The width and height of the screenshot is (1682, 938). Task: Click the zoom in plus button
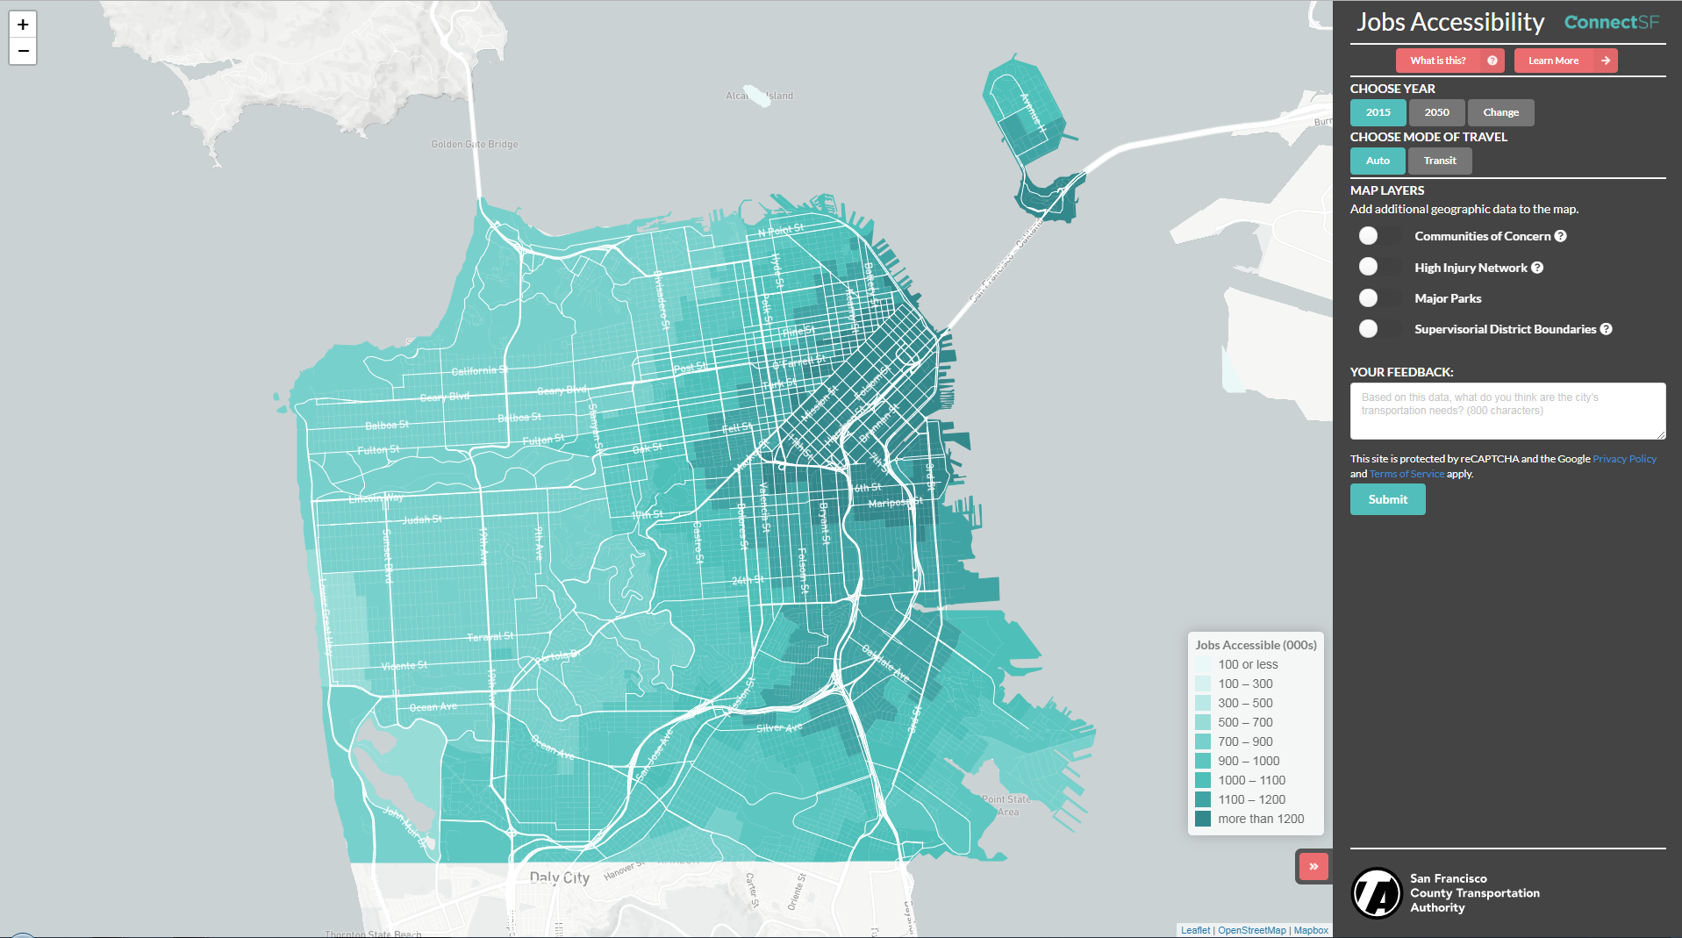click(23, 25)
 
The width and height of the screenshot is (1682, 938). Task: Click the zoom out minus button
click(23, 51)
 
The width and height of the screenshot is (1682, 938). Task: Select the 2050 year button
click(1436, 112)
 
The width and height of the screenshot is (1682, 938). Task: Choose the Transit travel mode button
click(1439, 161)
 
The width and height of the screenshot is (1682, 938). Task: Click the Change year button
click(1500, 112)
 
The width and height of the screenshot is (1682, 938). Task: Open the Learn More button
click(1564, 61)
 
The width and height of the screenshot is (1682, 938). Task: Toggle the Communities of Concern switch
click(1378, 236)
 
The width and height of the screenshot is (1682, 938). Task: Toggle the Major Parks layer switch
click(1378, 298)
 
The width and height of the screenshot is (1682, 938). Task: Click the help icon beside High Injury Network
click(1537, 268)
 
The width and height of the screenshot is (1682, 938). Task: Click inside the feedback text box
click(1507, 411)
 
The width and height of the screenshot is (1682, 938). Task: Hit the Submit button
click(1387, 499)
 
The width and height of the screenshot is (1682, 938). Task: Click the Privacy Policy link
click(1624, 459)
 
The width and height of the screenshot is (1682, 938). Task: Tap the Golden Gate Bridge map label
click(475, 144)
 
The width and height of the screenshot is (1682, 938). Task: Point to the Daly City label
click(559, 877)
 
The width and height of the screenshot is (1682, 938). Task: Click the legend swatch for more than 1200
click(1203, 819)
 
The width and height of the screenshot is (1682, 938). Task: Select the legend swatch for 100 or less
click(1203, 664)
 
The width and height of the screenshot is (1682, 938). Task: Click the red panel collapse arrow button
click(1313, 866)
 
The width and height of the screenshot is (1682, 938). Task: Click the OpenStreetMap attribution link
click(1251, 930)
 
